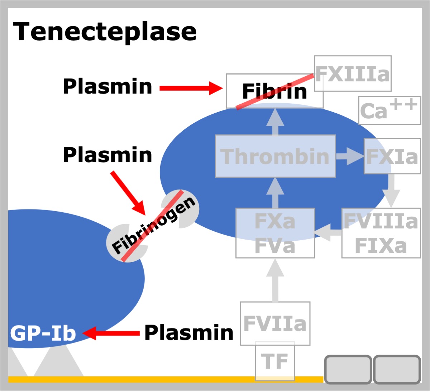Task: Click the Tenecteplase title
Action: [105, 32]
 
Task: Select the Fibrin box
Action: [274, 91]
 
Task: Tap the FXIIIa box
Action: [353, 74]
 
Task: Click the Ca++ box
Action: [390, 110]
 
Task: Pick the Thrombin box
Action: [275, 156]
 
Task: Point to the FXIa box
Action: [392, 156]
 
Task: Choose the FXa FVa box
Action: [275, 233]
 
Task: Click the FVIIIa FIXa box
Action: [381, 233]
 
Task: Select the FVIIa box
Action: [275, 323]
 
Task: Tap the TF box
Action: [275, 361]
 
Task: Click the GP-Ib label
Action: [43, 333]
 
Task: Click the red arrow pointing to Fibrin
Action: [191, 88]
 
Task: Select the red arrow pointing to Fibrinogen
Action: [128, 193]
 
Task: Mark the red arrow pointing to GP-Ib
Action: [111, 333]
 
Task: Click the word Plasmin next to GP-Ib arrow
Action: [189, 332]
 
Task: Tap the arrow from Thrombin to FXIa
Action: [350, 156]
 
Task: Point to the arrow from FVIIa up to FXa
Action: [275, 280]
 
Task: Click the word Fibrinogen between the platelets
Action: [153, 225]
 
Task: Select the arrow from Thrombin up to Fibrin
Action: [275, 122]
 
